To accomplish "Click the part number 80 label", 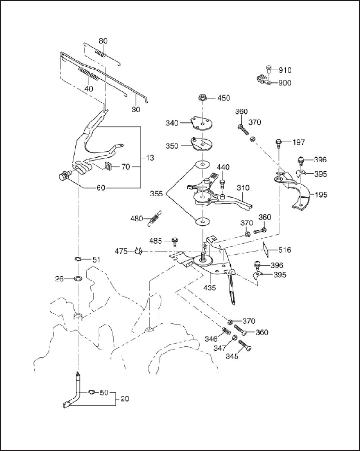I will tap(103, 41).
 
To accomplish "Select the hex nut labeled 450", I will tap(202, 98).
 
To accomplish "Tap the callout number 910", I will tap(285, 70).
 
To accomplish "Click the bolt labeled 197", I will tap(278, 142).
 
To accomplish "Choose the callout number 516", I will tap(285, 250).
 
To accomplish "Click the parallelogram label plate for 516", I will tap(266, 249).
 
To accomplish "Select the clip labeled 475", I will tap(139, 251).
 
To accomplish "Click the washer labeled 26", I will tap(78, 279).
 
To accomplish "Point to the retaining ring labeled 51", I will tap(78, 259).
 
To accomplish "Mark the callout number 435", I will tap(210, 288).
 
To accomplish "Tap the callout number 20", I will tap(125, 399).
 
